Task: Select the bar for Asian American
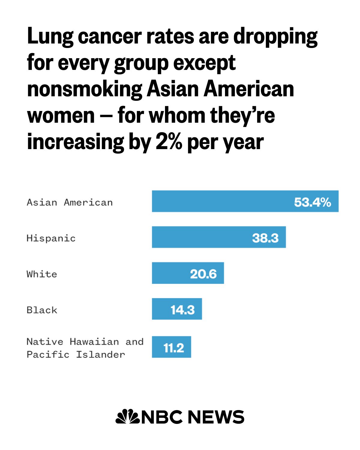[245, 201]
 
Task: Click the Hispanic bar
[219, 237]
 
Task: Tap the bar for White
[188, 273]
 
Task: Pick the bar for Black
[177, 309]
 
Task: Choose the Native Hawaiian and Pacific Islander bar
[172, 347]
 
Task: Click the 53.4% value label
[313, 202]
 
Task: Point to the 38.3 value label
[265, 238]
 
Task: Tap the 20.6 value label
[203, 274]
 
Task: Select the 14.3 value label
[183, 310]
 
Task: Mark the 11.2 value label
[174, 348]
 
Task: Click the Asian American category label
[70, 202]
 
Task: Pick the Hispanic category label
[51, 238]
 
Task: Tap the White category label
[42, 274]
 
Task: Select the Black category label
[42, 310]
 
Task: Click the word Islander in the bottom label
[100, 355]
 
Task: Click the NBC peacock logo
[127, 416]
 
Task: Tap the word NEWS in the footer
[216, 417]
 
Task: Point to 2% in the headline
[169, 142]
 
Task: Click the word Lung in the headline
[50, 36]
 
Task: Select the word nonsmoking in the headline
[85, 89]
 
